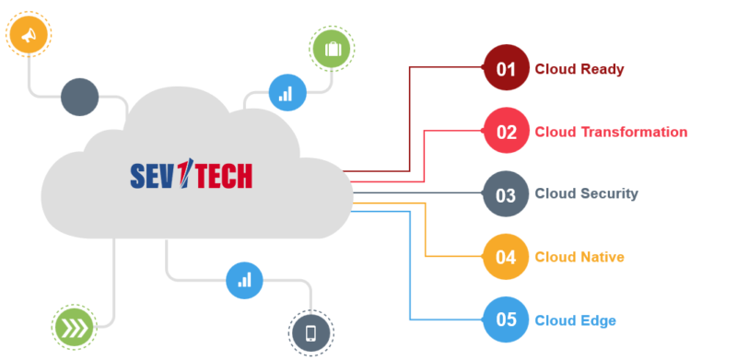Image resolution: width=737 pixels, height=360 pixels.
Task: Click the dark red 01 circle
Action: [x=507, y=68]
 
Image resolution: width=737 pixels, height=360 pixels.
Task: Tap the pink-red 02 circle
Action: [x=507, y=131]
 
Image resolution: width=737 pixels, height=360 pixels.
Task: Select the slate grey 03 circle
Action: [x=507, y=194]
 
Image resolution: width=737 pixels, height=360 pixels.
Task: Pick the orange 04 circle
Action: [x=507, y=257]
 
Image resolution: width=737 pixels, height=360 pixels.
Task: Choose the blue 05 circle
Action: [x=507, y=320]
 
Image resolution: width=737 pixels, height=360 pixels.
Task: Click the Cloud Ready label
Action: [x=579, y=69]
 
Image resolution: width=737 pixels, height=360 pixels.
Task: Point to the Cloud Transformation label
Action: [x=611, y=132]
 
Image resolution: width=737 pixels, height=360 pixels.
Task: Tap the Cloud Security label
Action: [x=586, y=194]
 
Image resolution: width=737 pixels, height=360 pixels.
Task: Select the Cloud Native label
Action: [x=579, y=257]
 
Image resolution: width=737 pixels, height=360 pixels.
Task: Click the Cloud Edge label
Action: [x=575, y=320]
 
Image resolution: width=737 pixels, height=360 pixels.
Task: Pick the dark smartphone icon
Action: [x=310, y=333]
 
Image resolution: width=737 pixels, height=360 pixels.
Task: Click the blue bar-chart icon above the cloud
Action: [x=287, y=93]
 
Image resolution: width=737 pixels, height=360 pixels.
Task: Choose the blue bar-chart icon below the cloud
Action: [x=244, y=279]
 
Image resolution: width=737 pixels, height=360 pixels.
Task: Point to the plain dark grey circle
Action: [x=79, y=98]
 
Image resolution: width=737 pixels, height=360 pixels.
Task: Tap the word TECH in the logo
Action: [x=219, y=175]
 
